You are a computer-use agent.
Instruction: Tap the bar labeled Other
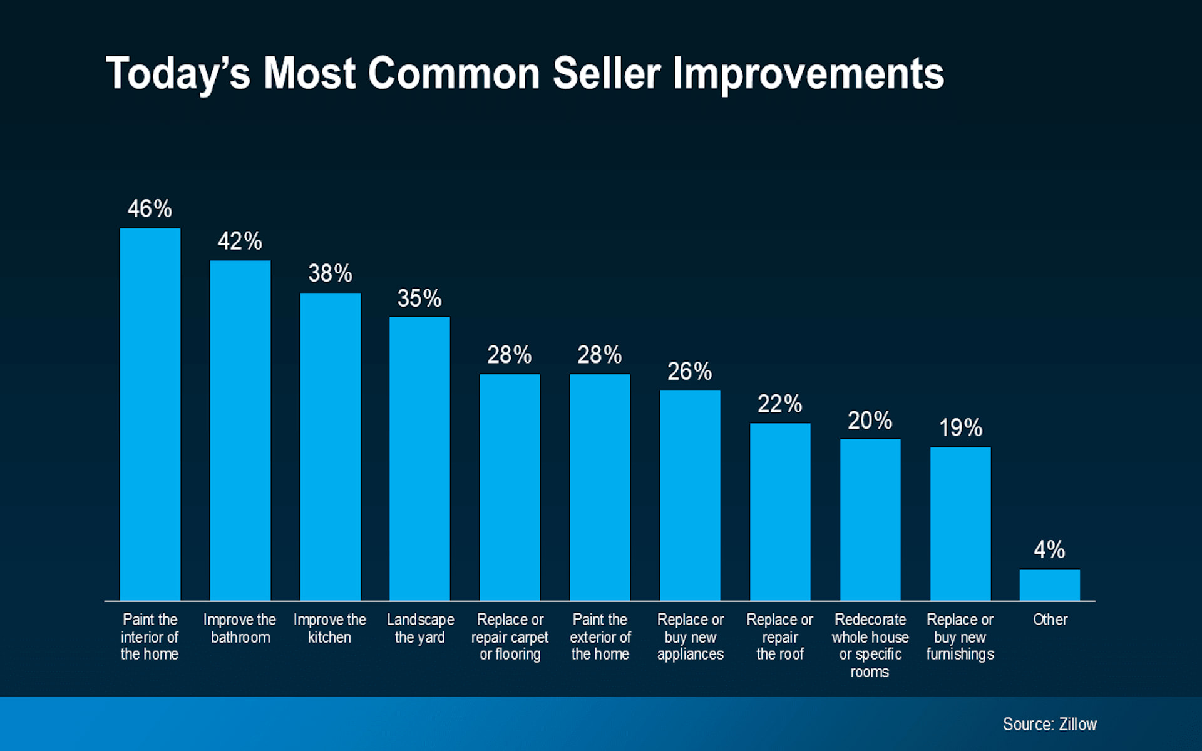(1049, 585)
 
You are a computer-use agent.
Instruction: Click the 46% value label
(150, 209)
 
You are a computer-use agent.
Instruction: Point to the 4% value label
(1049, 550)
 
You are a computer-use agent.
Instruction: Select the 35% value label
(419, 299)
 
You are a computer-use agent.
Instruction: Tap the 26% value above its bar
(689, 372)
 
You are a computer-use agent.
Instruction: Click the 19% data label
(960, 428)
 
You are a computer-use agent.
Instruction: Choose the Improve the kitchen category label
(329, 628)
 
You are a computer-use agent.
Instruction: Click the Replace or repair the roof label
(779, 637)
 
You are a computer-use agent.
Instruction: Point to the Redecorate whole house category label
(870, 645)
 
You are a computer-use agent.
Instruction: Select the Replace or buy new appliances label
(690, 637)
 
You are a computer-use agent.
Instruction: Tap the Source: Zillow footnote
(1049, 724)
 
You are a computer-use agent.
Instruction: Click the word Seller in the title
(606, 74)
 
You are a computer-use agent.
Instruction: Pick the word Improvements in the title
(808, 74)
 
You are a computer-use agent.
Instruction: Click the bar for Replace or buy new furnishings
(960, 524)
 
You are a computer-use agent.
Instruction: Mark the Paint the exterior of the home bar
(599, 488)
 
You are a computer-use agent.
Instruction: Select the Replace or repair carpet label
(510, 637)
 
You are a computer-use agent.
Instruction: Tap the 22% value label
(779, 404)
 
